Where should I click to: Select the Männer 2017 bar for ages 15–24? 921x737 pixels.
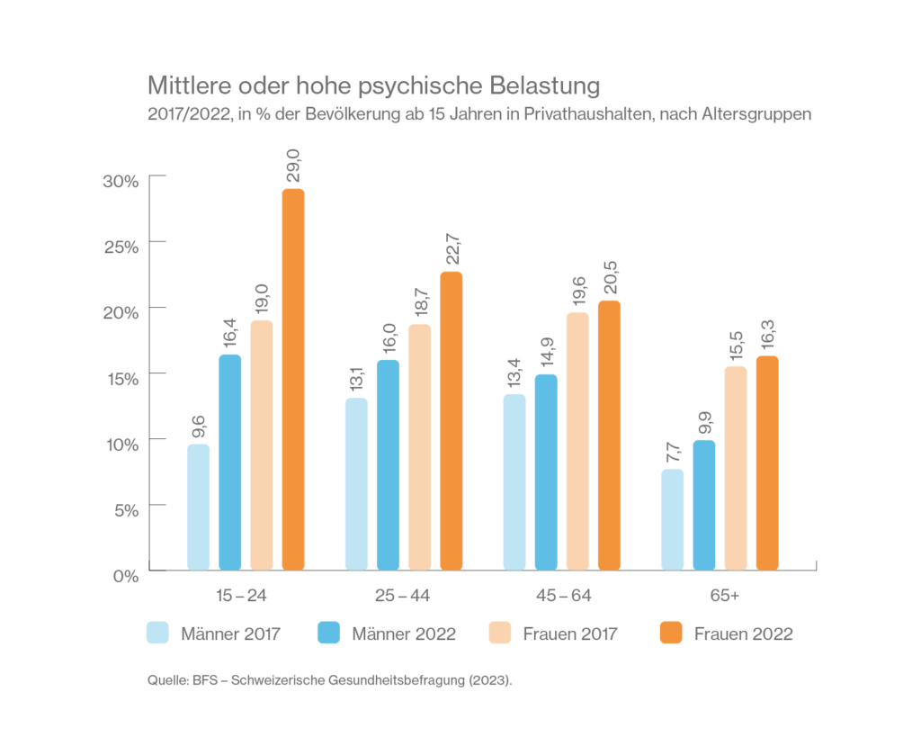pos(198,507)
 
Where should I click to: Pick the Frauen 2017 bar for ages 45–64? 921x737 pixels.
pos(577,441)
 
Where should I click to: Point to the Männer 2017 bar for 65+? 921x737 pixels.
pos(672,519)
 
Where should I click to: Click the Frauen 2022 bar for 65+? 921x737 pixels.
pos(766,463)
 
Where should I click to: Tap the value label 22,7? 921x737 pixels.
pos(452,251)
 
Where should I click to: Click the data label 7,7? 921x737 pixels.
pos(673,450)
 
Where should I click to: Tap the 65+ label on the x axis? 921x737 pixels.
pos(720,597)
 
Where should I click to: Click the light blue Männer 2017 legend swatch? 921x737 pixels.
pos(157,633)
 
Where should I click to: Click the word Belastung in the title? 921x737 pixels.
pos(544,87)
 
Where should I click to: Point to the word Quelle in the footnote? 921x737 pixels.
pos(166,681)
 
